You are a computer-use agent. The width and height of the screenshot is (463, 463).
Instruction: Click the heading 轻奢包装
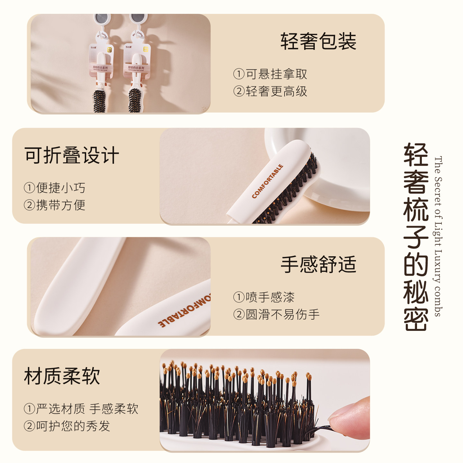318,42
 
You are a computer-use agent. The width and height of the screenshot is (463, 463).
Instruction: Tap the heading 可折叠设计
72,155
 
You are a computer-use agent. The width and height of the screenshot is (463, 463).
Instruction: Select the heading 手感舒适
318,265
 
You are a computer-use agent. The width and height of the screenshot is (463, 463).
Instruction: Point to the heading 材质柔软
62,376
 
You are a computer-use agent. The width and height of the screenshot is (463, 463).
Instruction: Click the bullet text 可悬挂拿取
270,74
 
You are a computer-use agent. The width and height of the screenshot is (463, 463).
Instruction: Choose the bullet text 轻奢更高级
270,91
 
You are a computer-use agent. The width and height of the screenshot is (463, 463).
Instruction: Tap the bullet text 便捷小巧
55,188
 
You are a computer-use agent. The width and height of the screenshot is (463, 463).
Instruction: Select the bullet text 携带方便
55,205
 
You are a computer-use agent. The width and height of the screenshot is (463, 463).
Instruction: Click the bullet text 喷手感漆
264,297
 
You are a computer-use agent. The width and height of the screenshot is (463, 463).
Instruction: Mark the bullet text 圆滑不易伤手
277,314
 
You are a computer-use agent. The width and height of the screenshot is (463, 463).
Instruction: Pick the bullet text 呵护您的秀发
67,426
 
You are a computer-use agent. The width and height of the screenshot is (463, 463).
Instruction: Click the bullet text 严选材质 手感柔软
81,409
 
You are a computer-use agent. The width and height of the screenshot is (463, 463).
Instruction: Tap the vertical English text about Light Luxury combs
438,236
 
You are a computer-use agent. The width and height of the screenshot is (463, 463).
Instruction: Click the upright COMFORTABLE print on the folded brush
268,181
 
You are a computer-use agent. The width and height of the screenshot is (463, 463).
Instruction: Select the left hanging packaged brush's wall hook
103,19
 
